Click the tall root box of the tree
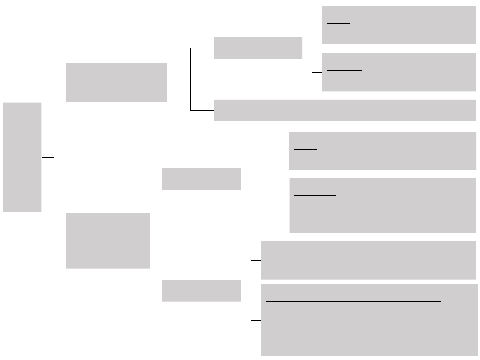22,157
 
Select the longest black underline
353,302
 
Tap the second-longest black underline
300,259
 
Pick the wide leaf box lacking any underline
345,110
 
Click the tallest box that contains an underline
369,327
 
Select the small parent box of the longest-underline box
201,291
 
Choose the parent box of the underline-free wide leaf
116,82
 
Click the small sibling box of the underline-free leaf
258,48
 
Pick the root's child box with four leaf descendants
108,241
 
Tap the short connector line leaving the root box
48,157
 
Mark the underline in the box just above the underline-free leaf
344,71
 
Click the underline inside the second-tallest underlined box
315,196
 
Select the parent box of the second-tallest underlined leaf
201,179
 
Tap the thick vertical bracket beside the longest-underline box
251,290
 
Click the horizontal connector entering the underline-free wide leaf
202,110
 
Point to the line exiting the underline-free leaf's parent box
178,83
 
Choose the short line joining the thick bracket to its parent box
246,291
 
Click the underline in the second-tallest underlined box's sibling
305,149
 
